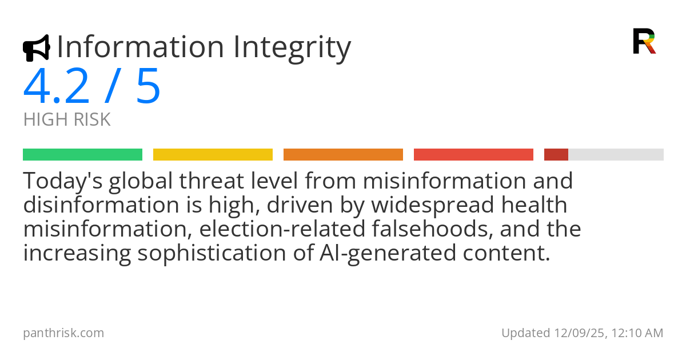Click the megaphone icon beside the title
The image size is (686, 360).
click(x=37, y=48)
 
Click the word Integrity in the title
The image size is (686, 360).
click(x=292, y=47)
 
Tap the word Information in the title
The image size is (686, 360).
click(x=141, y=46)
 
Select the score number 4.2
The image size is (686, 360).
click(x=56, y=86)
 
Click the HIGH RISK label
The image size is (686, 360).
click(x=67, y=119)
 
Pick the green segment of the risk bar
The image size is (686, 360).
click(x=83, y=155)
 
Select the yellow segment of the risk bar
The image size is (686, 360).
click(x=213, y=155)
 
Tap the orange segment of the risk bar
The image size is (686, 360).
click(x=344, y=155)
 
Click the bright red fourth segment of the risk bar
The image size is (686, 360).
click(x=473, y=155)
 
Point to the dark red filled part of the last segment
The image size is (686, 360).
click(x=556, y=155)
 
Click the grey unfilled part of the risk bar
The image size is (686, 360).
click(x=616, y=155)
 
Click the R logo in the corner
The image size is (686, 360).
click(x=644, y=41)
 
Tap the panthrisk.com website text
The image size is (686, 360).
click(x=63, y=333)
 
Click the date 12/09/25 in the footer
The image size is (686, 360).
click(x=579, y=333)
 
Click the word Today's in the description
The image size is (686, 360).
click(x=63, y=181)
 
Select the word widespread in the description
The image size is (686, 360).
click(x=433, y=205)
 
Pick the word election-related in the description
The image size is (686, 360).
click(x=282, y=229)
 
